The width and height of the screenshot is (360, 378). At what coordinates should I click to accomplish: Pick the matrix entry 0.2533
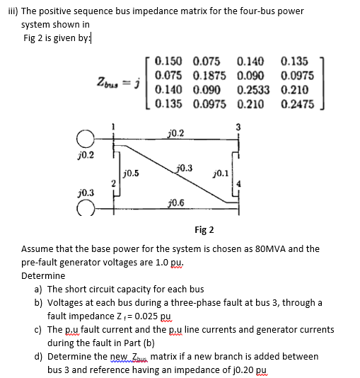252,91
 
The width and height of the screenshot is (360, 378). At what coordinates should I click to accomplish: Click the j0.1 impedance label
221,172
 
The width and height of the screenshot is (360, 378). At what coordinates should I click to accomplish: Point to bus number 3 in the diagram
238,127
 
